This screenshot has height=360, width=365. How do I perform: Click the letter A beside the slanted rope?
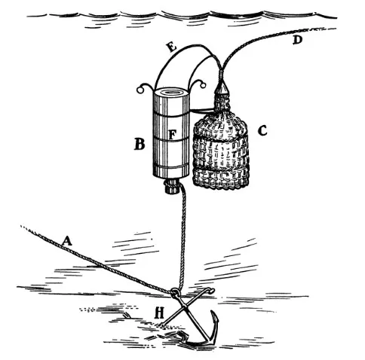coord(67,240)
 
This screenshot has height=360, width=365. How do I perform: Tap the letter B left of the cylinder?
coord(140,145)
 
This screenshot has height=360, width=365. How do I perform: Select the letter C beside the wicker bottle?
coord(262,130)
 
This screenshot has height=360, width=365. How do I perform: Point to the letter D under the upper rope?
coord(297,40)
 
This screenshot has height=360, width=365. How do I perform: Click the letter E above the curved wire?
coord(172,47)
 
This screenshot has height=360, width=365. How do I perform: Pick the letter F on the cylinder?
coord(172,135)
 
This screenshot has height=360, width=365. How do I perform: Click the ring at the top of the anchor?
coord(175,291)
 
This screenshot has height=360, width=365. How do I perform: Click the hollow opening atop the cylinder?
coord(172,92)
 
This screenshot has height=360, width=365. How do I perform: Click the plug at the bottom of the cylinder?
coord(171,186)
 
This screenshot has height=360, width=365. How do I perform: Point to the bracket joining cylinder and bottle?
coord(202,109)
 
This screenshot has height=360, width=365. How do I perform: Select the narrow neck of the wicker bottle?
coord(222,103)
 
